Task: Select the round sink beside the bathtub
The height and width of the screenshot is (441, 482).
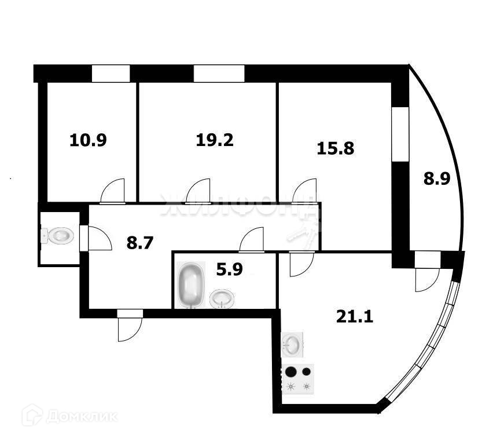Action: pos(222,299)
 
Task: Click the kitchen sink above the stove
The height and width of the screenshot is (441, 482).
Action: pos(292,345)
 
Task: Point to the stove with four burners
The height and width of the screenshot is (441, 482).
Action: pos(299,379)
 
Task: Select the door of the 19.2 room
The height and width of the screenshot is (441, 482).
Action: pos(198,191)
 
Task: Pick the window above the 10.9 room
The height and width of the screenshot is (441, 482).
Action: pos(111,74)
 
